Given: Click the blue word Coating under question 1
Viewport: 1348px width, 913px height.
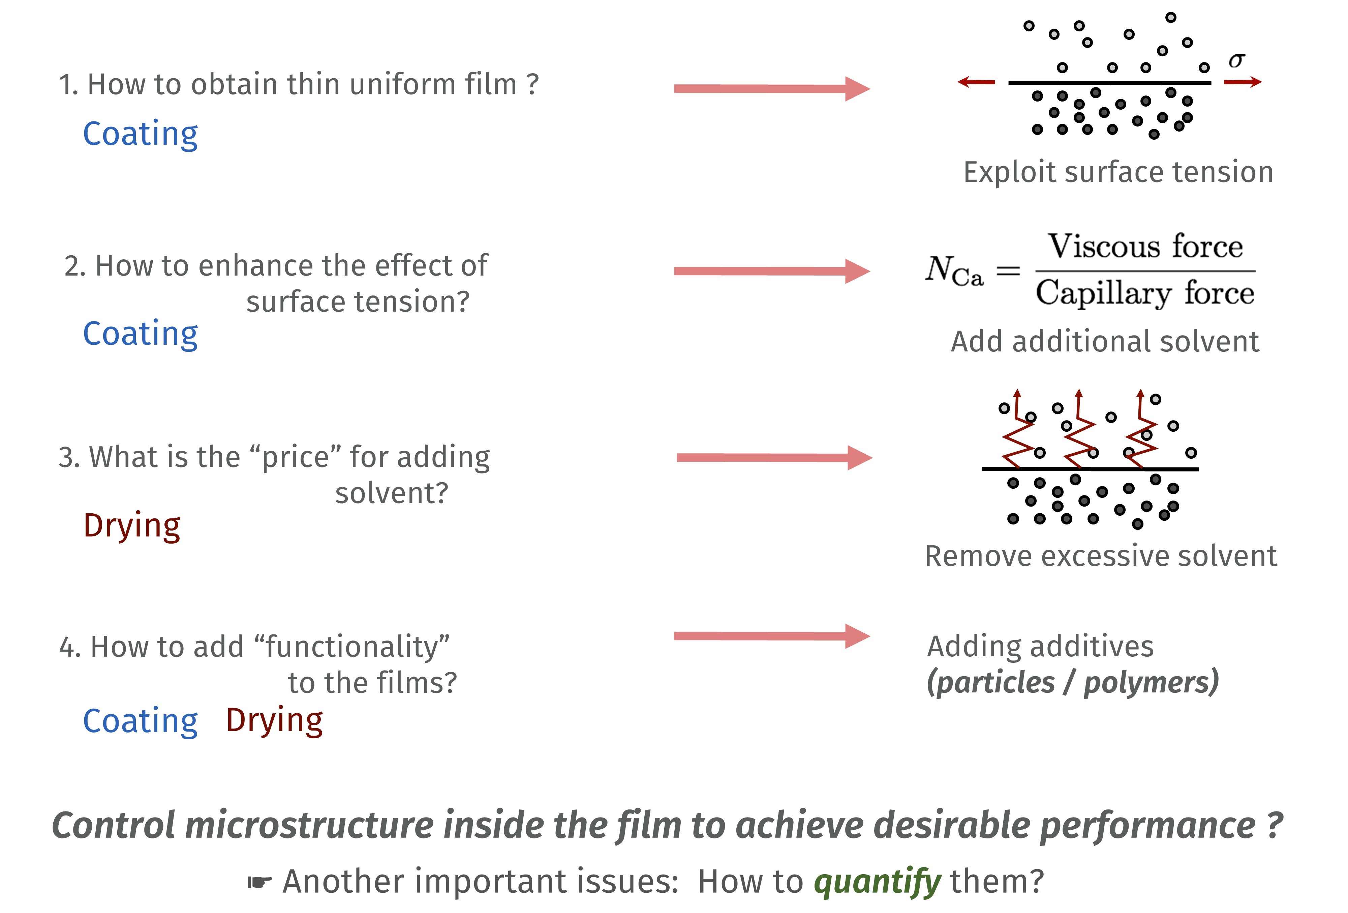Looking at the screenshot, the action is point(141,135).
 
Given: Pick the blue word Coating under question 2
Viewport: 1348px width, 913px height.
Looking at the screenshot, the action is point(141,334).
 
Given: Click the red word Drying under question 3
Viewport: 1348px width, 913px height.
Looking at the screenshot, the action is point(132,526).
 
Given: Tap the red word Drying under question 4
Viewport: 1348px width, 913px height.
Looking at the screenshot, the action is point(274,721).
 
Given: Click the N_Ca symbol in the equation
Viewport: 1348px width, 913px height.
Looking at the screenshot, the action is point(954,271).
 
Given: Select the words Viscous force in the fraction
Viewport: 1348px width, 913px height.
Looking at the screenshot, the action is point(1145,246).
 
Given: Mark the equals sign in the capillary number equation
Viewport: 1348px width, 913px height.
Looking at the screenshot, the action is point(1008,270).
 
